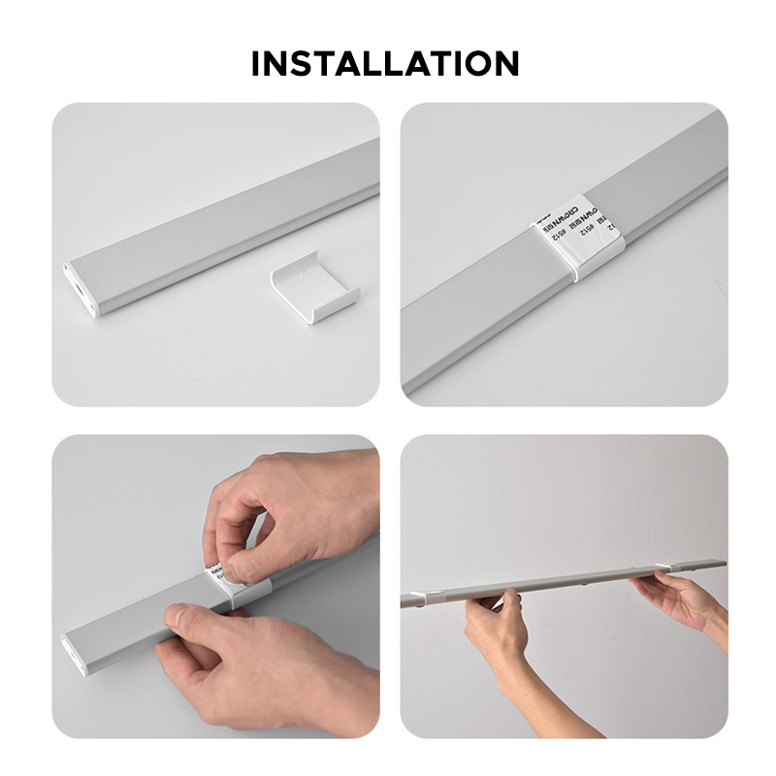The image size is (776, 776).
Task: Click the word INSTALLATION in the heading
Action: point(385,64)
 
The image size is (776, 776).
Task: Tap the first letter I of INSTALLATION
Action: point(256,64)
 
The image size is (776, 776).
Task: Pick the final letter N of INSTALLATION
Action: point(504,64)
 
